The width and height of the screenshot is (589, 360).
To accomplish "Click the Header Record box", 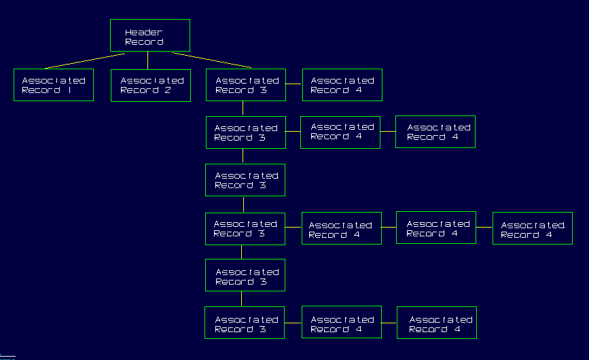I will pyautogui.click(x=149, y=35).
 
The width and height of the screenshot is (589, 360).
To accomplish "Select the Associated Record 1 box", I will pyautogui.click(x=53, y=85).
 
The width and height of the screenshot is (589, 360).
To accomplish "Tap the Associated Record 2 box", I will pyautogui.click(x=151, y=85).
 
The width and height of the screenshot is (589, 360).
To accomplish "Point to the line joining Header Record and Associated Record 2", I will pyautogui.click(x=148, y=60).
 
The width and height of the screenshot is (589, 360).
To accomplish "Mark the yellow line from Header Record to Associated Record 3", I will pyautogui.click(x=211, y=60).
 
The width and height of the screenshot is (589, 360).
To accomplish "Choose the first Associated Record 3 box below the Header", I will pyautogui.click(x=245, y=85).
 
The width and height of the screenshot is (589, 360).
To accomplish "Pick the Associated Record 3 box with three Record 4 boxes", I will pyautogui.click(x=245, y=229).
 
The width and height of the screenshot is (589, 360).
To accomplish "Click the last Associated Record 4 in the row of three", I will pyautogui.click(x=532, y=228).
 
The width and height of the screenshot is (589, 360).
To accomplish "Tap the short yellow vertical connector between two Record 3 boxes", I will pyautogui.click(x=244, y=204).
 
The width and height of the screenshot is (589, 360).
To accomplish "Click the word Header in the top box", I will pyautogui.click(x=144, y=32).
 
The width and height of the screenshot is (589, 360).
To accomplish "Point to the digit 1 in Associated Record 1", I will pyautogui.click(x=69, y=90).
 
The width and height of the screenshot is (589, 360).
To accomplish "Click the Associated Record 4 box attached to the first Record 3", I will pyautogui.click(x=342, y=85).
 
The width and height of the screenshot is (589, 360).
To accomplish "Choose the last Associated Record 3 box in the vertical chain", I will pyautogui.click(x=245, y=323).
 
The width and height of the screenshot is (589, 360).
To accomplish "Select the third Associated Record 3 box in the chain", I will pyautogui.click(x=245, y=180).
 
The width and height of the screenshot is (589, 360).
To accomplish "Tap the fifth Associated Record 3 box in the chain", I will pyautogui.click(x=245, y=275).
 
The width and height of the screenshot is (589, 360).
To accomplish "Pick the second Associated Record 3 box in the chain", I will pyautogui.click(x=245, y=132).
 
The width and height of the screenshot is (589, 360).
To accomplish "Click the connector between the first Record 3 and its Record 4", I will pyautogui.click(x=293, y=84).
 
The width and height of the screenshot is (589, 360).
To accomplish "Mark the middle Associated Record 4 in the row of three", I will pyautogui.click(x=437, y=228).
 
